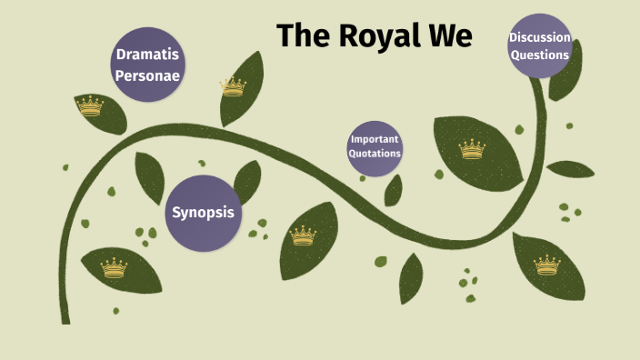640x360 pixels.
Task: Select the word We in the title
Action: pyautogui.click(x=451, y=35)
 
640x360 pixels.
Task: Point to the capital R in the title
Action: pyautogui.click(x=350, y=35)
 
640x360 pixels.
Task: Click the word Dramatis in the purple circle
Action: pyautogui.click(x=147, y=55)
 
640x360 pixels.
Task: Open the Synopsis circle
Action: pyautogui.click(x=204, y=213)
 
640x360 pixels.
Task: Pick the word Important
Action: pyautogui.click(x=375, y=139)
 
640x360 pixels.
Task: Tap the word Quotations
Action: pyautogui.click(x=375, y=153)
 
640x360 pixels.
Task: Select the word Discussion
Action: pyautogui.click(x=540, y=37)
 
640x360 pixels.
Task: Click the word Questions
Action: pyautogui.click(x=540, y=54)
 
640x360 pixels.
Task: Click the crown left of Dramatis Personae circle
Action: pyautogui.click(x=90, y=107)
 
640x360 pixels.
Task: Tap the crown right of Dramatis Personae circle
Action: pyautogui.click(x=234, y=86)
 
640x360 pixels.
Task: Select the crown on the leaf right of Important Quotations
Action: pyautogui.click(x=472, y=149)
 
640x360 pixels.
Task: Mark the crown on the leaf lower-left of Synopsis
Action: pyautogui.click(x=114, y=267)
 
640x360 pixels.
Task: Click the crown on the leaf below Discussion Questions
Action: pyautogui.click(x=546, y=265)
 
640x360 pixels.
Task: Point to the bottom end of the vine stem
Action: pyautogui.click(x=65, y=319)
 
